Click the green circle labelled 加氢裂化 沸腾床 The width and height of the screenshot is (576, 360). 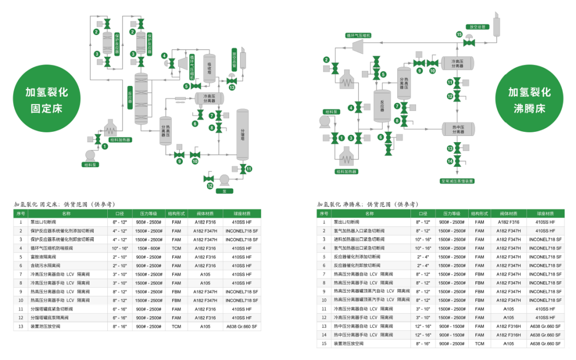pos(530,101)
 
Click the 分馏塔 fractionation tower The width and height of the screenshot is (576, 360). pos(242,134)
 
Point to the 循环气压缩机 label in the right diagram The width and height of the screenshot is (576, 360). pos(358,35)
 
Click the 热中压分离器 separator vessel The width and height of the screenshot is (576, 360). pos(458,128)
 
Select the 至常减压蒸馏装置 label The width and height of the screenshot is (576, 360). pos(457,181)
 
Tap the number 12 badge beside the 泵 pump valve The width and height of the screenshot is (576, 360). pos(210,186)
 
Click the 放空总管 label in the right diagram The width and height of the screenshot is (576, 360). pos(478,26)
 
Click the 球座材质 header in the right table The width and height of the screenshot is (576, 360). pos(545,214)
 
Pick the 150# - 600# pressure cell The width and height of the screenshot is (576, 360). pos(149,248)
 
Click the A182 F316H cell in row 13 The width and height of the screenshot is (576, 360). pos(508,326)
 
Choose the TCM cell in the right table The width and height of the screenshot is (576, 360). pos(479,344)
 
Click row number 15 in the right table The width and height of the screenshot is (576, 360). pos(323,344)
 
